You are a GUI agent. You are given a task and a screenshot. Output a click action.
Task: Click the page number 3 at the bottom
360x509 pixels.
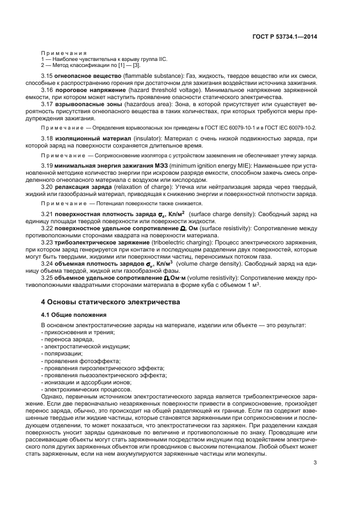(x=316, y=463)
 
